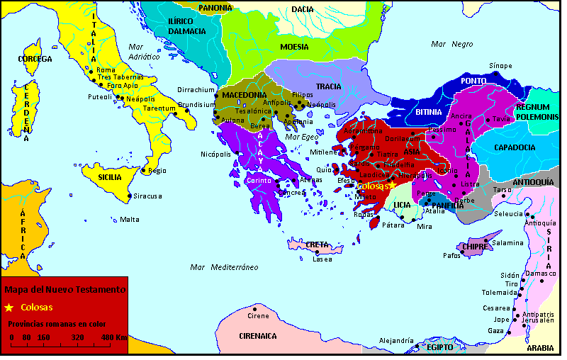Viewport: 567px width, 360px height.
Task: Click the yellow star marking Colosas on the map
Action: pyautogui.click(x=391, y=186)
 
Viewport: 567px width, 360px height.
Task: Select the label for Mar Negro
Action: pyautogui.click(x=451, y=44)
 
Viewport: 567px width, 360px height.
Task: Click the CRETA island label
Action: pyautogui.click(x=316, y=244)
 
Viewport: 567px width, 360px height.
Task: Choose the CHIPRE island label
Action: pyautogui.click(x=473, y=247)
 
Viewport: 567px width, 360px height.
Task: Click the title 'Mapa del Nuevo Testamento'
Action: pyautogui.click(x=64, y=290)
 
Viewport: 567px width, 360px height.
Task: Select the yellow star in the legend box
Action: pyautogui.click(x=9, y=308)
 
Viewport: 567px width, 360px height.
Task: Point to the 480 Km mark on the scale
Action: pyautogui.click(x=113, y=337)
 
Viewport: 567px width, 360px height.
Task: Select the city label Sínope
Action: pyautogui.click(x=500, y=66)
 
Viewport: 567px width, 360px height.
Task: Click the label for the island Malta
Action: pyautogui.click(x=130, y=220)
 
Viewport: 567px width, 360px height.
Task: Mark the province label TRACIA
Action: pyautogui.click(x=328, y=86)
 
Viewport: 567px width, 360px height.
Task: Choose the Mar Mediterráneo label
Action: pyautogui.click(x=224, y=267)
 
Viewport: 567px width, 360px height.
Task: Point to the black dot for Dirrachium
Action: pyautogui.click(x=216, y=95)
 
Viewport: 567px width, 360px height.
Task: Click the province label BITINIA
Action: pyautogui.click(x=429, y=112)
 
